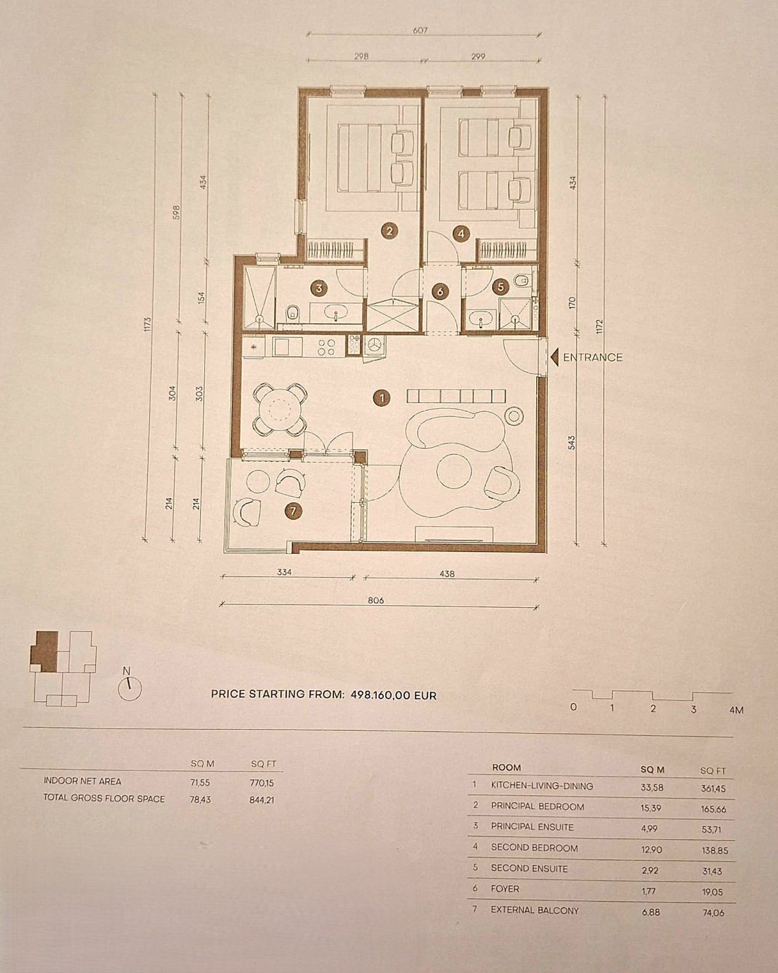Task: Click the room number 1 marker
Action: pyautogui.click(x=382, y=398)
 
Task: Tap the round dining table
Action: pyautogui.click(x=280, y=410)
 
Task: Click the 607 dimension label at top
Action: pyautogui.click(x=420, y=30)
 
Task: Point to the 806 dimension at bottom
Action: pyautogui.click(x=375, y=601)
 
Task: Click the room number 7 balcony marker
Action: pyautogui.click(x=293, y=511)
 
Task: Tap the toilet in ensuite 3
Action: pyautogui.click(x=292, y=313)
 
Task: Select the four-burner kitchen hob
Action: pyautogui.click(x=326, y=346)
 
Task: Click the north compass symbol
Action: pyautogui.click(x=130, y=689)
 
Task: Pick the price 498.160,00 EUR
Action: pyautogui.click(x=394, y=695)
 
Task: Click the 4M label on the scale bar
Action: pyautogui.click(x=736, y=710)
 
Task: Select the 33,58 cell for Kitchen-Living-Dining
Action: pyautogui.click(x=652, y=787)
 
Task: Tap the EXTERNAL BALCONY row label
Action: pyautogui.click(x=535, y=910)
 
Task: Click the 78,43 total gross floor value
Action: pyautogui.click(x=200, y=799)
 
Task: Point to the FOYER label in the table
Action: pyautogui.click(x=505, y=889)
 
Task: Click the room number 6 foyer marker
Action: pyautogui.click(x=440, y=292)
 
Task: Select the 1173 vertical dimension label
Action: pyautogui.click(x=147, y=325)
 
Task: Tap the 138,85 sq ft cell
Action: pyautogui.click(x=714, y=850)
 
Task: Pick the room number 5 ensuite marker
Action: pyautogui.click(x=500, y=287)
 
